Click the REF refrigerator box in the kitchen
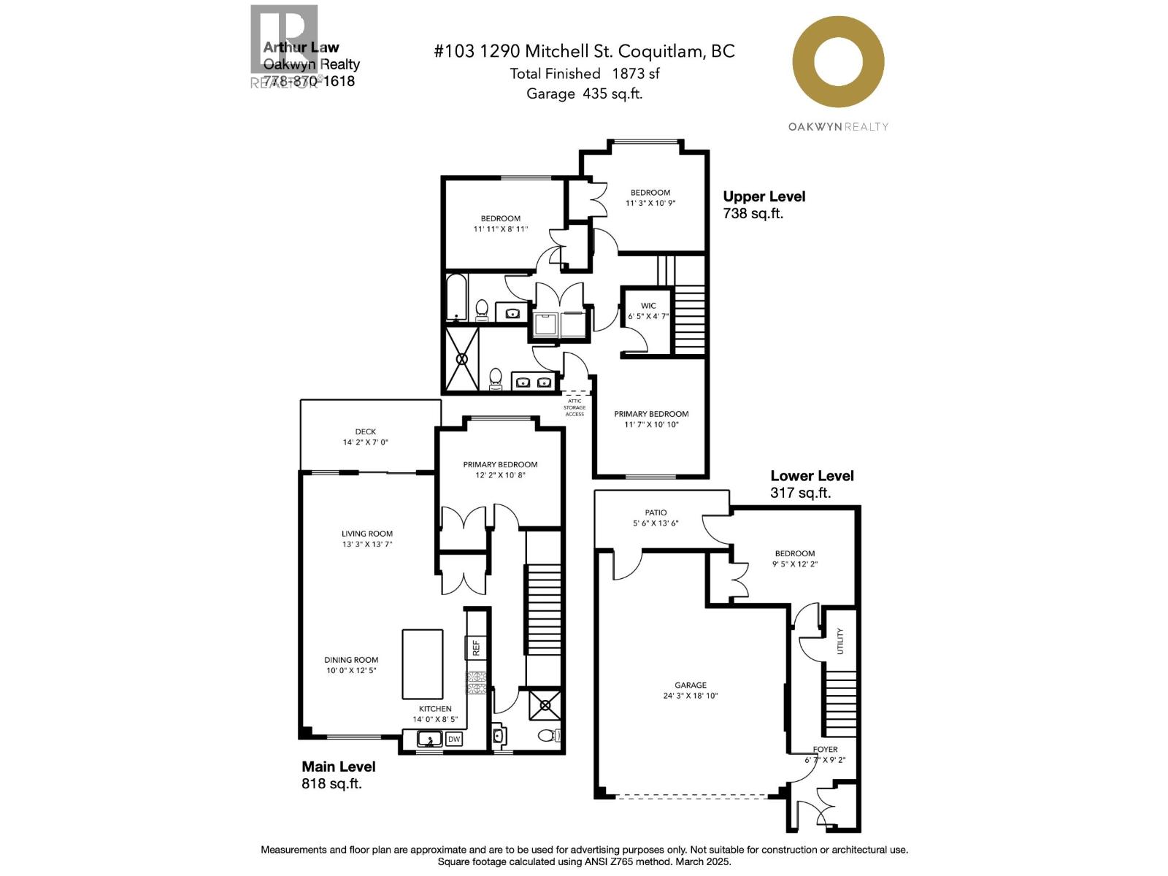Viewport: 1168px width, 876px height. (x=476, y=647)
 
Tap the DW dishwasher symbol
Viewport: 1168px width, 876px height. (x=454, y=739)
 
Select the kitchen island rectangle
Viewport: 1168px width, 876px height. (x=422, y=664)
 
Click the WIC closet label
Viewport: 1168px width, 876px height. (x=648, y=306)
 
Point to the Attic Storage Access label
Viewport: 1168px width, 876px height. (x=575, y=407)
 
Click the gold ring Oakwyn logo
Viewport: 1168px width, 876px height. (x=838, y=62)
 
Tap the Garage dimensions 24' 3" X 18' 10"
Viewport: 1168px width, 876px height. (x=690, y=696)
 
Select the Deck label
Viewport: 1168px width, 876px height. (x=365, y=431)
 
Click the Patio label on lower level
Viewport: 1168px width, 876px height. (x=656, y=512)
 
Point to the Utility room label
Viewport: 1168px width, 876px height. (x=840, y=640)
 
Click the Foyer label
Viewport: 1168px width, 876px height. (x=826, y=749)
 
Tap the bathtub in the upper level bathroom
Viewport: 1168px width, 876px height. (x=456, y=297)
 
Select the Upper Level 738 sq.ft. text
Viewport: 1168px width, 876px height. (x=764, y=204)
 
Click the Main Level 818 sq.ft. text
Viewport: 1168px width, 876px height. (x=338, y=775)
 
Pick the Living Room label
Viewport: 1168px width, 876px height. (x=366, y=534)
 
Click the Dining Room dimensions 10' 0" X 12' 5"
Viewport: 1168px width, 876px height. (x=351, y=670)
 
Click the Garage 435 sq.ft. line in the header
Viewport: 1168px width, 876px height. (x=584, y=93)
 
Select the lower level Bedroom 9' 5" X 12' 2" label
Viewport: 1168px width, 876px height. (x=794, y=558)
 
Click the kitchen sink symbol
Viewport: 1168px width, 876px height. (x=429, y=739)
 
